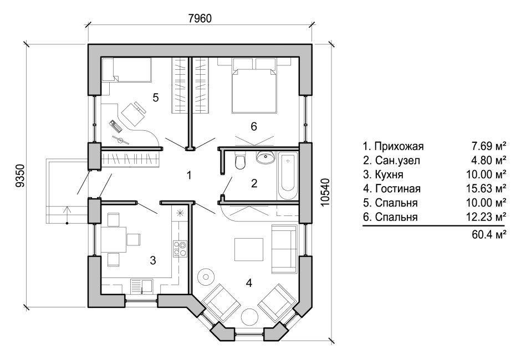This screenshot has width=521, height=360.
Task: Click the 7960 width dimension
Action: pyautogui.click(x=200, y=18)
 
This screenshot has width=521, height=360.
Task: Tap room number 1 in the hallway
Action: pyautogui.click(x=189, y=176)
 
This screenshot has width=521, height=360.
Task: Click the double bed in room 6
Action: pyautogui.click(x=253, y=87)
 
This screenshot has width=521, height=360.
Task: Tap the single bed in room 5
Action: pyautogui.click(x=127, y=70)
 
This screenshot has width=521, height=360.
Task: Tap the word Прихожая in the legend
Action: pyautogui.click(x=399, y=147)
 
